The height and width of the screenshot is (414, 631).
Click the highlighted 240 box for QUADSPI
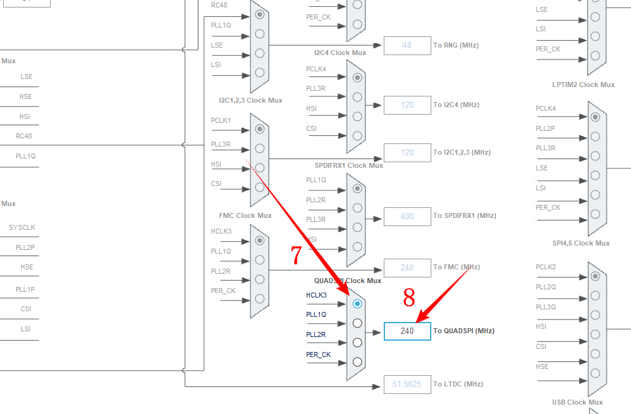pyautogui.click(x=407, y=331)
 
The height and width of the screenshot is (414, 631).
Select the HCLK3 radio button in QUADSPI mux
pyautogui.click(x=357, y=304)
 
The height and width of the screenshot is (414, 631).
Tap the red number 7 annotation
pyautogui.click(x=297, y=255)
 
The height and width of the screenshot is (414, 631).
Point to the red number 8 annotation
pyautogui.click(x=409, y=298)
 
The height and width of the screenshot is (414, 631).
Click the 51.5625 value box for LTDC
pyautogui.click(x=407, y=384)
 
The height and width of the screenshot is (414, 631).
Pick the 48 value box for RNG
pyautogui.click(x=407, y=46)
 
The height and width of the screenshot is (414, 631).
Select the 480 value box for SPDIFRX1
pyautogui.click(x=407, y=216)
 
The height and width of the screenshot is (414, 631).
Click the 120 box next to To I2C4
pyautogui.click(x=407, y=105)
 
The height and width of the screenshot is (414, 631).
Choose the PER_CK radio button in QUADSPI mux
pyautogui.click(x=357, y=361)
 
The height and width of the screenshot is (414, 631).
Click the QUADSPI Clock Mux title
pyautogui.click(x=347, y=281)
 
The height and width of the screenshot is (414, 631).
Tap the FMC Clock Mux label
pyautogui.click(x=245, y=215)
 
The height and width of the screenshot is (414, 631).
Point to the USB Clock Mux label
pyautogui.click(x=577, y=402)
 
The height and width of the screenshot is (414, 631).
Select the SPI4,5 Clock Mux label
pyautogui.click(x=580, y=243)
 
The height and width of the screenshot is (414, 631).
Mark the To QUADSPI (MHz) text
pyautogui.click(x=464, y=331)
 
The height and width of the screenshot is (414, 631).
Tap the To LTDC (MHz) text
pyautogui.click(x=458, y=384)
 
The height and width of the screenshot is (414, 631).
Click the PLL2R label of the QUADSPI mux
pyautogui.click(x=315, y=334)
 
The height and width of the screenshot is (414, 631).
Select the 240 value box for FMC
pyautogui.click(x=407, y=267)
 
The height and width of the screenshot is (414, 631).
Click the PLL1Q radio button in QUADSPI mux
pyautogui.click(x=357, y=323)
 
